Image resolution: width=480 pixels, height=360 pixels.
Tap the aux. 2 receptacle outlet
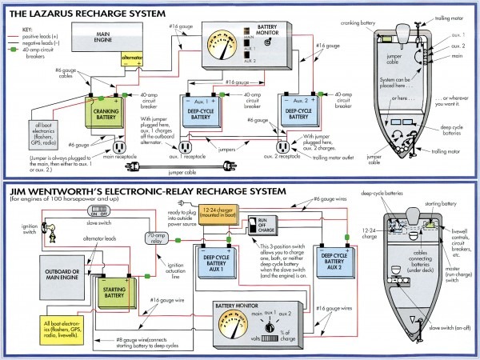coord(283,148)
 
